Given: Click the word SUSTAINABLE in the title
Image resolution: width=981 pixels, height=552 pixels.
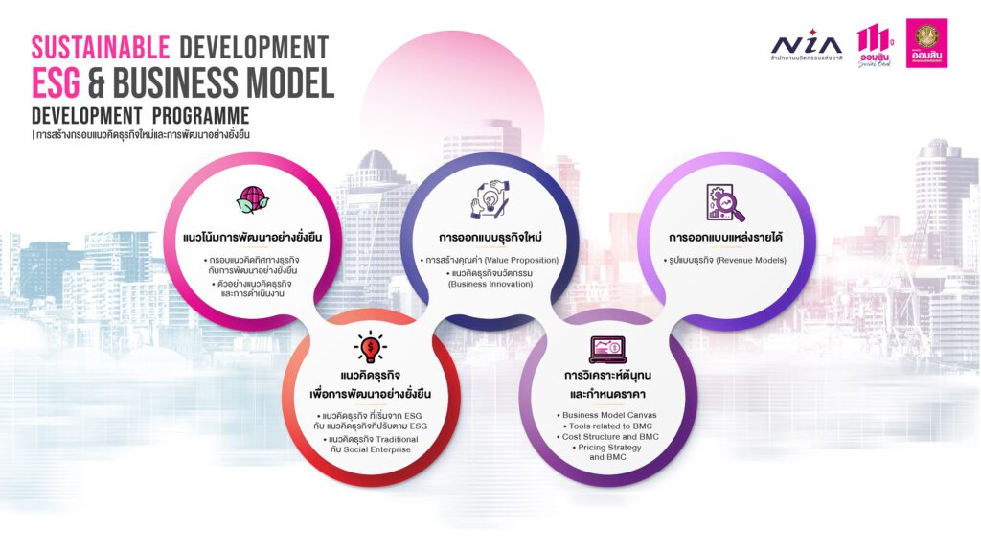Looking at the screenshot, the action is click(x=101, y=48).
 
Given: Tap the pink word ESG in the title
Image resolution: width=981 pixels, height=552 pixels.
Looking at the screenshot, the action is click(x=56, y=82).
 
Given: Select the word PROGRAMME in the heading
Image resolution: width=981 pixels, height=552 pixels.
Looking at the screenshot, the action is click(x=200, y=116).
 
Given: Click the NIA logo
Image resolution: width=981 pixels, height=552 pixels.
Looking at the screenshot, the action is click(x=807, y=45).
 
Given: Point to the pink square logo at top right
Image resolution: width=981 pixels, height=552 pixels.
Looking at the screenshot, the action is click(x=926, y=43).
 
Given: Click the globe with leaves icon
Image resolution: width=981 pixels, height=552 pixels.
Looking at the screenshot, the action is click(x=252, y=200).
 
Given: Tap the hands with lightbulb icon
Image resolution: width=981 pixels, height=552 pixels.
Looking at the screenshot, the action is click(x=490, y=199).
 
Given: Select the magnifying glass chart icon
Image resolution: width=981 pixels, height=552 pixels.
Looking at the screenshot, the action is click(x=725, y=203).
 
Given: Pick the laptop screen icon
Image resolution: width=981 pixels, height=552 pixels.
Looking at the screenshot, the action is click(x=606, y=349).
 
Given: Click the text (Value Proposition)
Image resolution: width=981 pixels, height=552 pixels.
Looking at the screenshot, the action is click(x=521, y=260).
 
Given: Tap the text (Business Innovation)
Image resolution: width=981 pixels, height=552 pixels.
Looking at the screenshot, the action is click(x=490, y=284).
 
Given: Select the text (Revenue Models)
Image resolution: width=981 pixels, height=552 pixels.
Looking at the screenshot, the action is click(x=751, y=260).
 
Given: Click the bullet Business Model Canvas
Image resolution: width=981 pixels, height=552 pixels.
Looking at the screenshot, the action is click(x=606, y=415).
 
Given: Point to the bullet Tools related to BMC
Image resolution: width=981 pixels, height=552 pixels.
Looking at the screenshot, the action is click(x=607, y=425).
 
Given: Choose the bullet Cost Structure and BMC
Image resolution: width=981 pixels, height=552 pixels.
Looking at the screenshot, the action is click(x=607, y=436).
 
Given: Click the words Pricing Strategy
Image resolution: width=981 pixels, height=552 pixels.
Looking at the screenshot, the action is click(x=609, y=448).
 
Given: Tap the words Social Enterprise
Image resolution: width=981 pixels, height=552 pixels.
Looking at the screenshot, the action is click(x=376, y=449).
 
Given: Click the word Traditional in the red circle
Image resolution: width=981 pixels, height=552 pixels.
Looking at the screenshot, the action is click(x=397, y=439).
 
